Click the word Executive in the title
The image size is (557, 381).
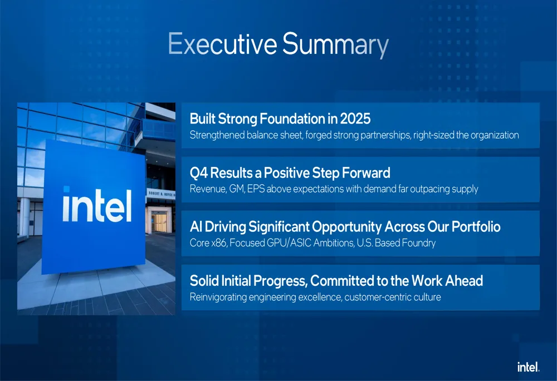coord(222,43)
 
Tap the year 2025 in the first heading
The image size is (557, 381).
coord(355,118)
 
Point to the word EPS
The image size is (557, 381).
coord(256,189)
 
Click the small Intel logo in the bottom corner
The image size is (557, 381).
coord(528,367)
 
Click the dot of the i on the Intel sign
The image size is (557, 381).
coord(66,189)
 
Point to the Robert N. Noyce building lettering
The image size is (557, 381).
coord(162,194)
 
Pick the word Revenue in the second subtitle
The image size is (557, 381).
coord(208,189)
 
